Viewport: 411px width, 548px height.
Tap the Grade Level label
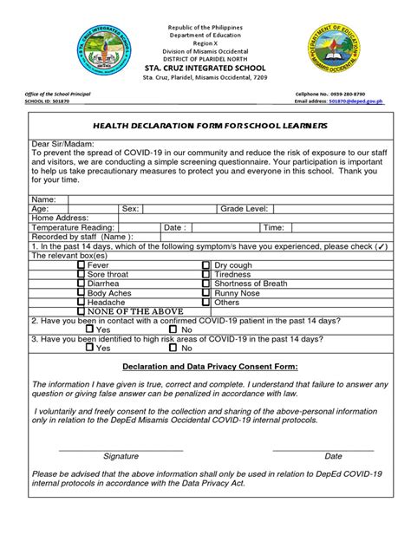[245, 209]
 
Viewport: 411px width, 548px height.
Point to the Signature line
[121, 450]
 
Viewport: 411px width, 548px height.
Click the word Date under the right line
[333, 456]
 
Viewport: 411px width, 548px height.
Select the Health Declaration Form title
[205, 126]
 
